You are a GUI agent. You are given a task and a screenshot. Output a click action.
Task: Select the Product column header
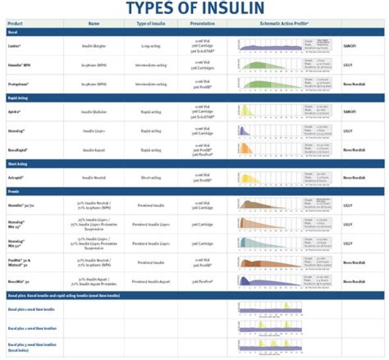16,24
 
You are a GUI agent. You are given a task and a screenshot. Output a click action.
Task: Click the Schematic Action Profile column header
284,24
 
